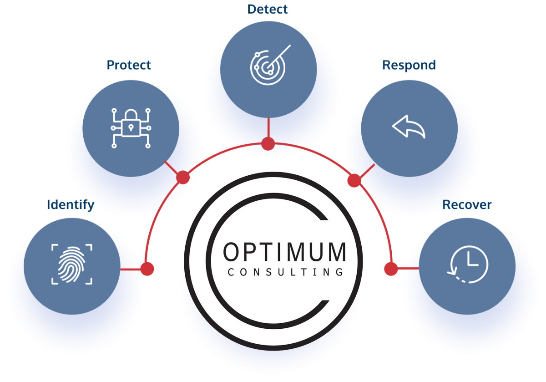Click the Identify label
pyautogui.click(x=70, y=205)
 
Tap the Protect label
pyautogui.click(x=129, y=65)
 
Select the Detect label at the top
pyautogui.click(x=268, y=9)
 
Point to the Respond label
pyautogui.click(x=409, y=65)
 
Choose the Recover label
pyautogui.click(x=467, y=205)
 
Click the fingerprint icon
pyautogui.click(x=72, y=264)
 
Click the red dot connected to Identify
pyautogui.click(x=147, y=269)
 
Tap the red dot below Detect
pyautogui.click(x=268, y=144)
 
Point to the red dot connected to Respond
pyautogui.click(x=354, y=181)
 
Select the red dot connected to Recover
pyautogui.click(x=390, y=269)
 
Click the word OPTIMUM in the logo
pyautogui.click(x=285, y=252)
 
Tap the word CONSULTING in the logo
pyautogui.click(x=285, y=272)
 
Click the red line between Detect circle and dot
pyautogui.click(x=268, y=127)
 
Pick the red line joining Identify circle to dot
pyautogui.click(x=131, y=269)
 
